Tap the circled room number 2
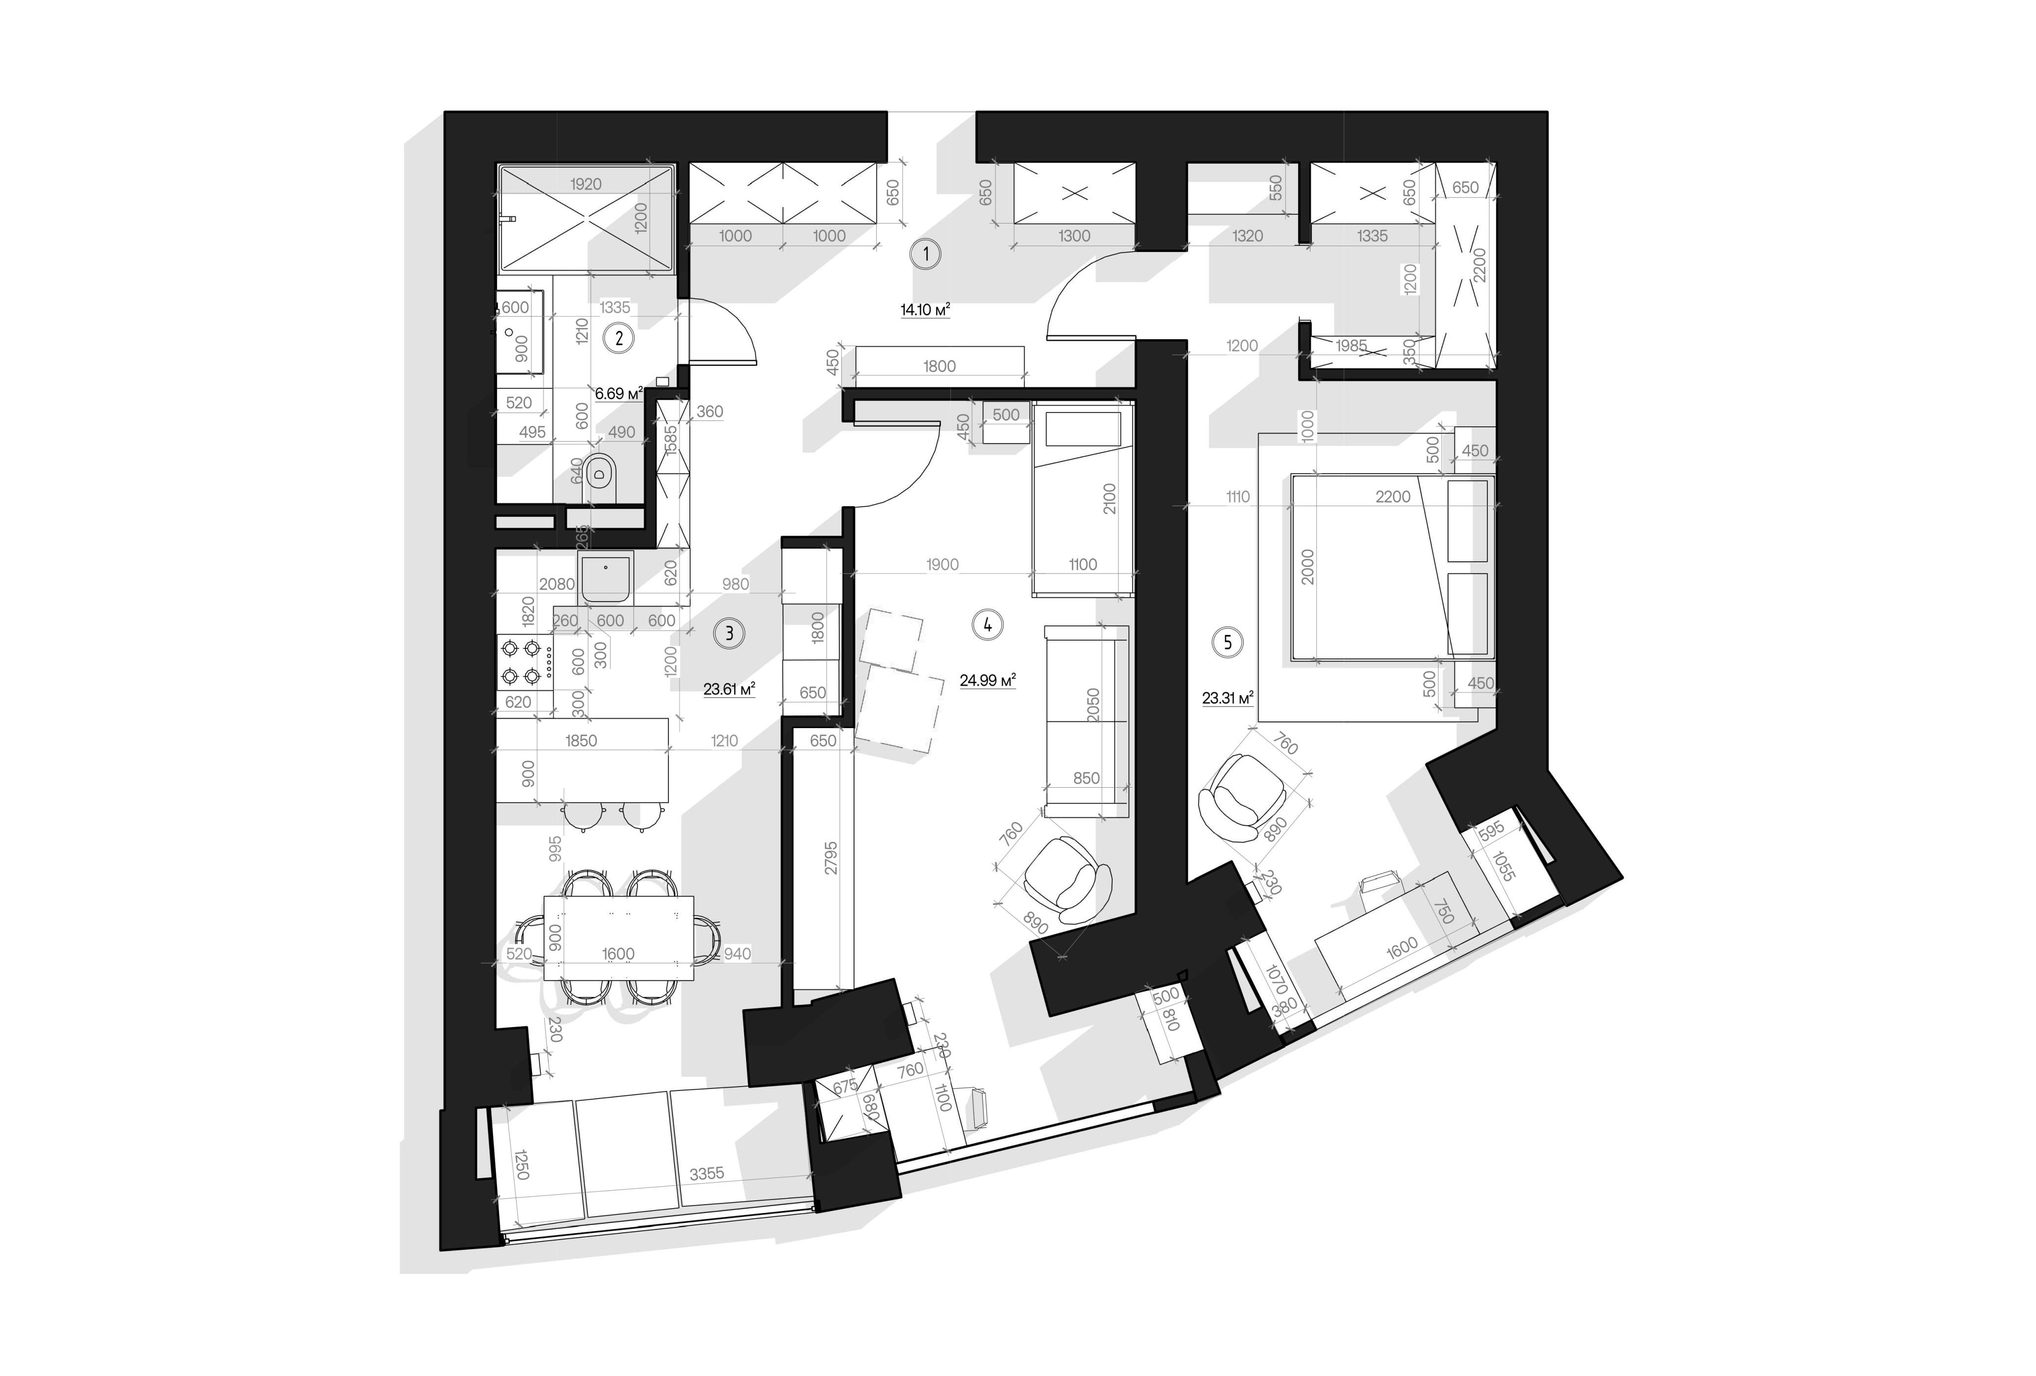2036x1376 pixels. [x=620, y=338]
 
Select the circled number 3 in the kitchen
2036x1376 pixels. [x=729, y=633]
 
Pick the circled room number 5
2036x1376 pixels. [x=1227, y=643]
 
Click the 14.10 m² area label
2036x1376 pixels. [x=925, y=309]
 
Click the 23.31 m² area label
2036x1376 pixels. [x=1227, y=698]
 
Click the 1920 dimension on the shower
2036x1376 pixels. [x=586, y=184]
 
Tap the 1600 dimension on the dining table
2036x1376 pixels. [x=619, y=954]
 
